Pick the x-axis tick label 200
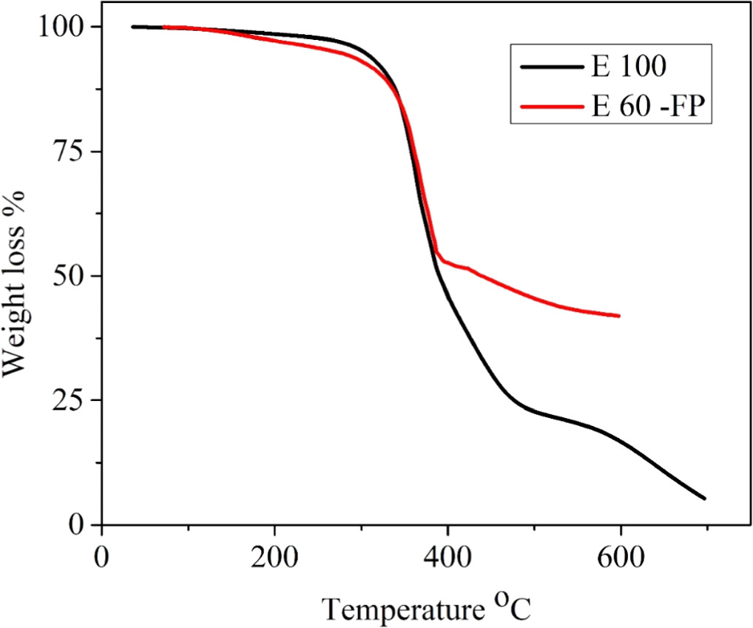coord(274,555)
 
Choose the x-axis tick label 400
coord(448,555)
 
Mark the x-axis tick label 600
coord(620,555)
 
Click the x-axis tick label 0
coord(102,555)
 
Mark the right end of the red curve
coord(619,316)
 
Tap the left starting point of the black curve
coord(132,27)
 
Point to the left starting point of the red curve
coord(163,27)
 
